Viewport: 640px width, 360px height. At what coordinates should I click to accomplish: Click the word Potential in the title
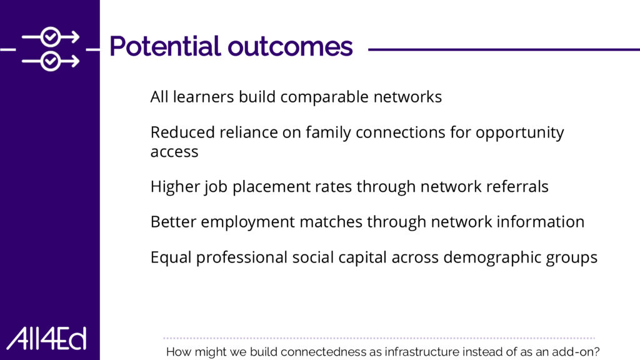click(165, 46)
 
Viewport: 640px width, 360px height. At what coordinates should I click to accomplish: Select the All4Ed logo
click(46, 338)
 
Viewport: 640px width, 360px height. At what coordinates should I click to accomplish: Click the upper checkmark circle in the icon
click(51, 37)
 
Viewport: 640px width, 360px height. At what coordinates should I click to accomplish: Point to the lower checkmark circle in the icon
click(51, 61)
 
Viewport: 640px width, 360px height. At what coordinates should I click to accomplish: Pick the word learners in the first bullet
click(203, 97)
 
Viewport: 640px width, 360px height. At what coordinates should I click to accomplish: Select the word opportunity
click(519, 133)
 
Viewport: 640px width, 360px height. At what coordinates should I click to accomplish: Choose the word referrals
click(517, 186)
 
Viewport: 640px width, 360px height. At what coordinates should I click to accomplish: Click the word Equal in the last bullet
click(171, 257)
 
